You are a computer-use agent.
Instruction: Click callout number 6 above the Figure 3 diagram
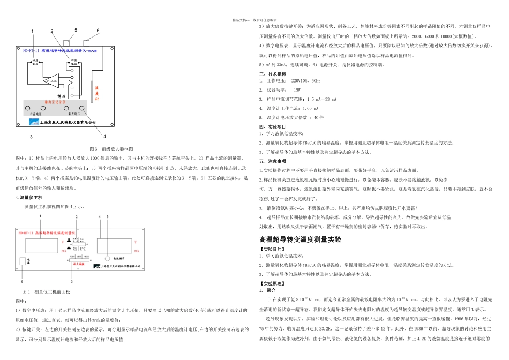98,31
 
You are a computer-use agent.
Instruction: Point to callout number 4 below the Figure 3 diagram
104,136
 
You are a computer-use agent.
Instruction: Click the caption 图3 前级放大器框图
111,148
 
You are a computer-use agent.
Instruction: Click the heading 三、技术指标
273,74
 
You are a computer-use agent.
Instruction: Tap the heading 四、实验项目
273,126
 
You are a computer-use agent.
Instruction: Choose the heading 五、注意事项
273,161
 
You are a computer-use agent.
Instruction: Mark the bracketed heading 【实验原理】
272,282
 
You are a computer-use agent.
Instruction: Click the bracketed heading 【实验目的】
272,249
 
